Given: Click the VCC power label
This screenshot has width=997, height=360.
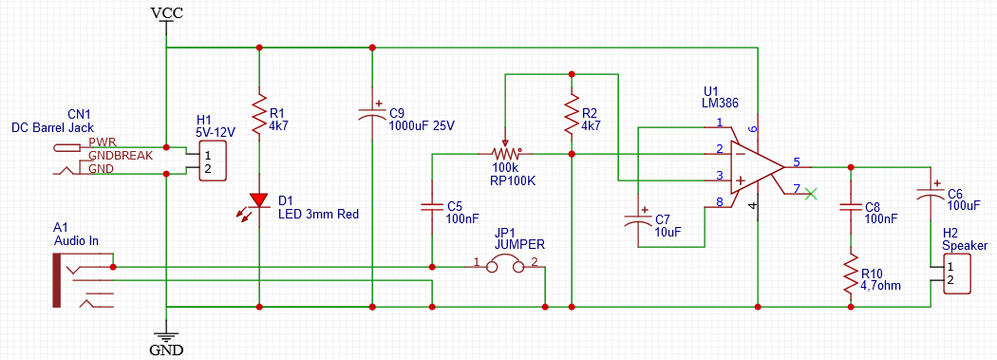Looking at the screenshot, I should [x=167, y=12].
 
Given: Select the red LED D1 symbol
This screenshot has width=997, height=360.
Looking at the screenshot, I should [x=259, y=201].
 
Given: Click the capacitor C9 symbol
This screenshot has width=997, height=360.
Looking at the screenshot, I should [x=372, y=113].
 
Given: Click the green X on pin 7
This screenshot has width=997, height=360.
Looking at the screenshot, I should [x=810, y=194].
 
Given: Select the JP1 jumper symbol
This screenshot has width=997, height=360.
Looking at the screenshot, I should [x=505, y=267].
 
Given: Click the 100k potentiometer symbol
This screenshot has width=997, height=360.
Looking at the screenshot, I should [x=505, y=152].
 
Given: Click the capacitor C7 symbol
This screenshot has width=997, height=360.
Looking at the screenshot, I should [x=639, y=219].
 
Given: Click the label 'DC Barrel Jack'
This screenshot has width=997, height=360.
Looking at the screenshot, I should [x=53, y=127].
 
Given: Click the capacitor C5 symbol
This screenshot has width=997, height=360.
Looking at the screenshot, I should [x=432, y=207].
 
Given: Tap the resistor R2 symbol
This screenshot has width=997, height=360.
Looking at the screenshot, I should [x=572, y=113].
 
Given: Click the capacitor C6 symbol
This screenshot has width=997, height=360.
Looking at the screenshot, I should [x=931, y=194].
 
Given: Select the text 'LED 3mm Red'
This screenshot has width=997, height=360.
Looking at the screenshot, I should [x=318, y=215].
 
